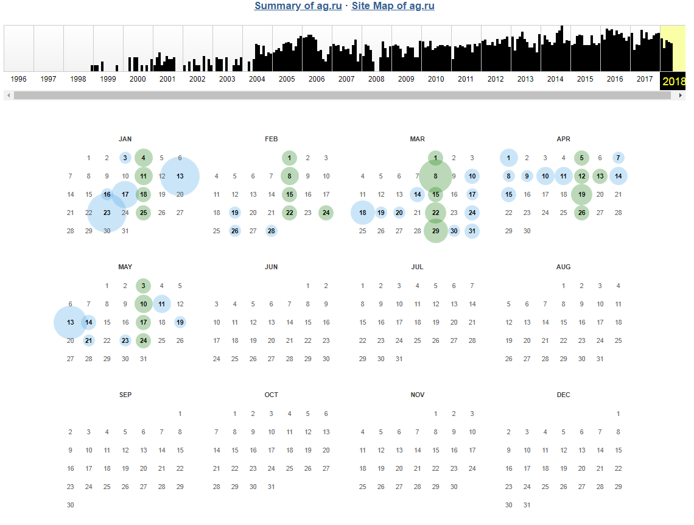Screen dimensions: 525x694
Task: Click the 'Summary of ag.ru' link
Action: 298,6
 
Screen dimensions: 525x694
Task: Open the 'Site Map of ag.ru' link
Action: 393,6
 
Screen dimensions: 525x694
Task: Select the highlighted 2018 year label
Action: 673,82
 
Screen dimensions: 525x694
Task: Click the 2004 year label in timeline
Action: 257,79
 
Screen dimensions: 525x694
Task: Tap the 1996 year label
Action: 18,79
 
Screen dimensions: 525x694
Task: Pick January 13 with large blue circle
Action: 180,176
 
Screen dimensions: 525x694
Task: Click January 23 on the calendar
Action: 107,213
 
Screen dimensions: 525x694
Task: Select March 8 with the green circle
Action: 435,176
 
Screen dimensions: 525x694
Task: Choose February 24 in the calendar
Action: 326,213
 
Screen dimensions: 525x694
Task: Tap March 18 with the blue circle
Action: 363,213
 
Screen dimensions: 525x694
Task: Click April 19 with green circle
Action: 582,194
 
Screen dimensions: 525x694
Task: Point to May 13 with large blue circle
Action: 71,322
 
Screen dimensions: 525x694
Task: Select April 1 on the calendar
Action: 509,158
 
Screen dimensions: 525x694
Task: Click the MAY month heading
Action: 125,267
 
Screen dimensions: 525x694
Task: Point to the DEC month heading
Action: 564,395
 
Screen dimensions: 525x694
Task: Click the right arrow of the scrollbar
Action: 681,96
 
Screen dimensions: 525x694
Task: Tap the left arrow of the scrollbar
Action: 8,96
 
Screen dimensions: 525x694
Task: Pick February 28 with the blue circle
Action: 272,231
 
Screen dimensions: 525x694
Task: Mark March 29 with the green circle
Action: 435,231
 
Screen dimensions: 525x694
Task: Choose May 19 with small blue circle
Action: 180,322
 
